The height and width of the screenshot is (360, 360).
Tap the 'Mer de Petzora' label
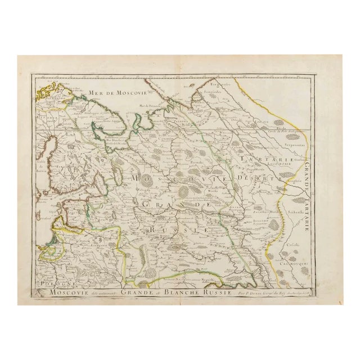tap(151, 106)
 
